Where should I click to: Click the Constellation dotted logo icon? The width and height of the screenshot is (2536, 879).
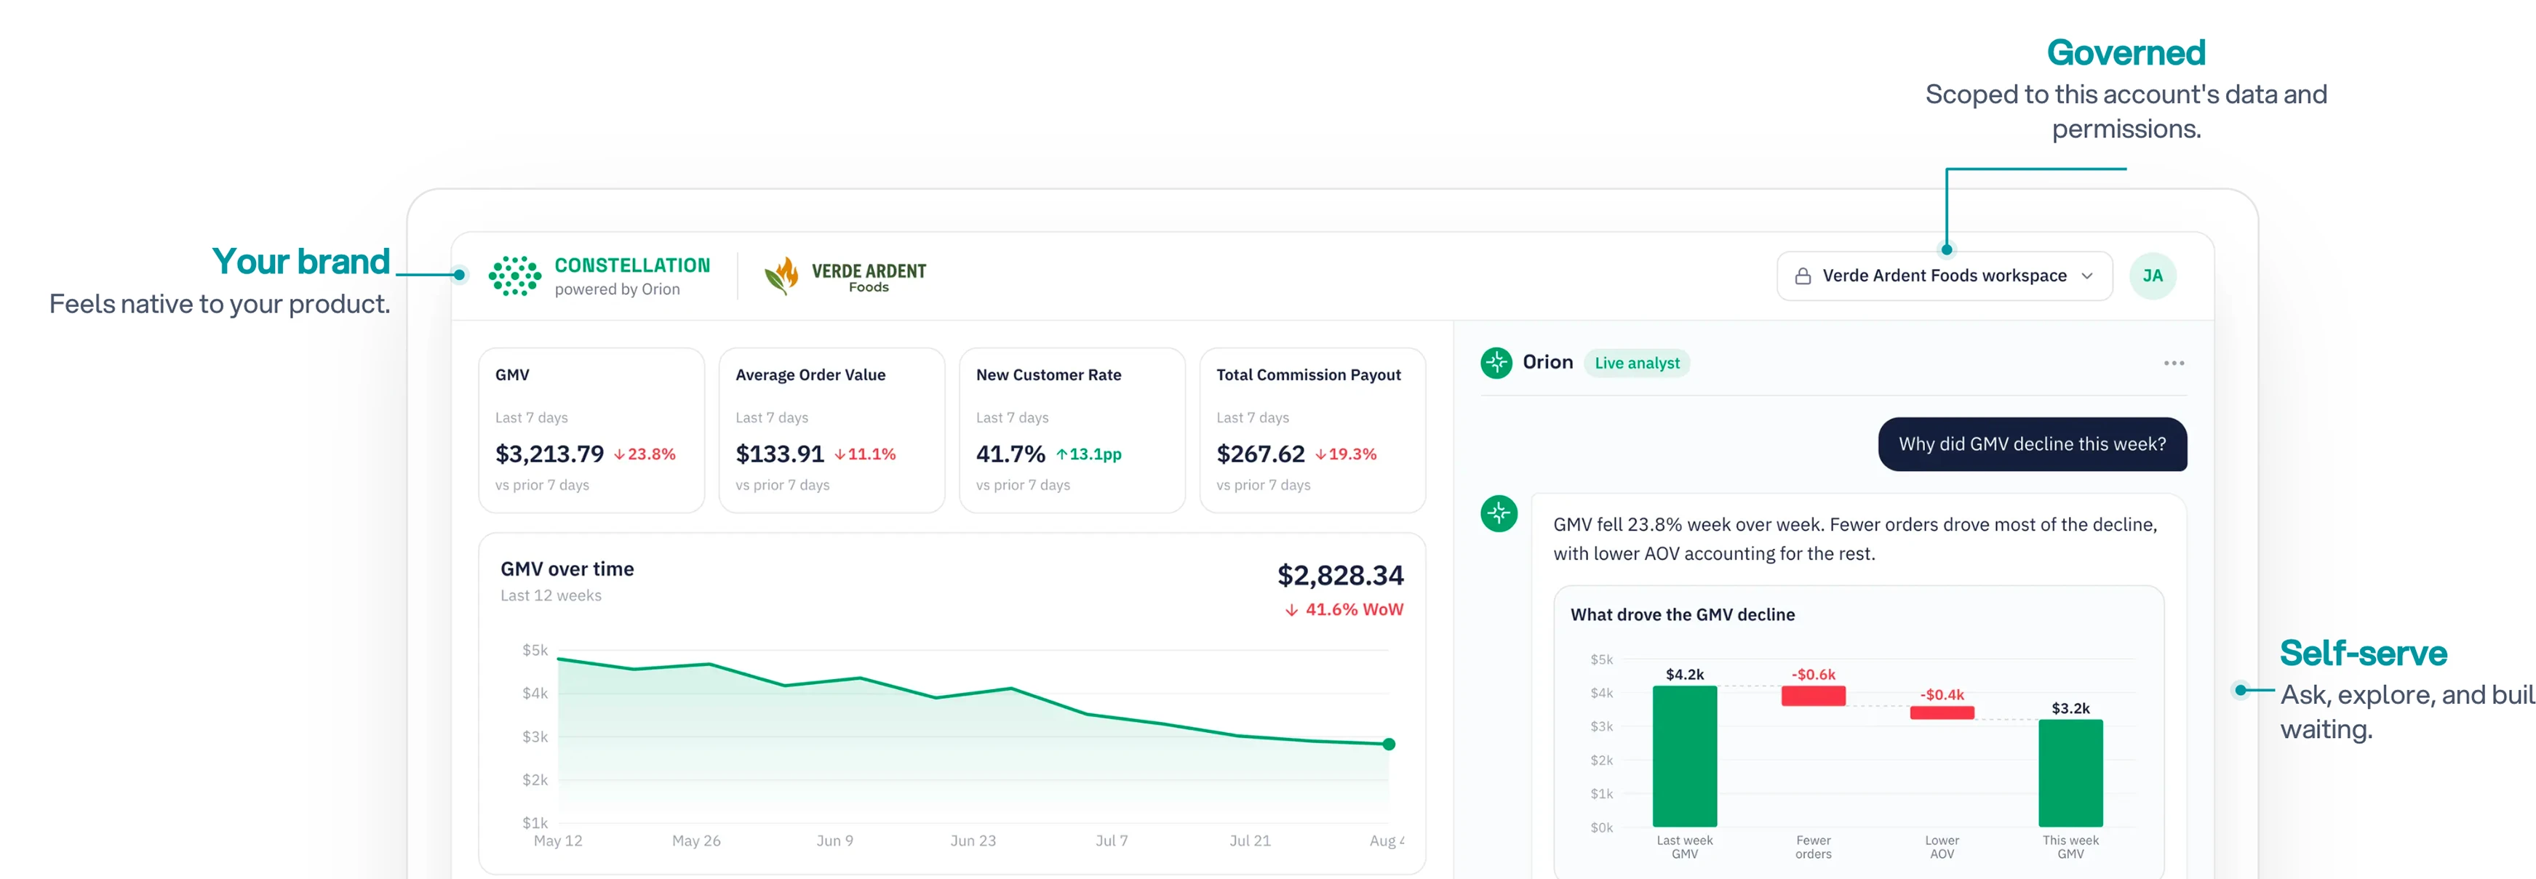(x=515, y=276)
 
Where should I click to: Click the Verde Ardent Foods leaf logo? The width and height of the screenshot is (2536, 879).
(x=781, y=276)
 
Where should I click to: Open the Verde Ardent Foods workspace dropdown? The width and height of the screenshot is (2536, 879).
(x=1945, y=276)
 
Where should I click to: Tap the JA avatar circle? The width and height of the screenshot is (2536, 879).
(x=2153, y=276)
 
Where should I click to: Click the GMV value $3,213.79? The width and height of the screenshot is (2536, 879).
(x=549, y=454)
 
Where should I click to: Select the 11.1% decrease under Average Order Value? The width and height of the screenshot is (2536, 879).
(x=866, y=454)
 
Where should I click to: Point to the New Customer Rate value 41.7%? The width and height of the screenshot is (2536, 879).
(x=1010, y=454)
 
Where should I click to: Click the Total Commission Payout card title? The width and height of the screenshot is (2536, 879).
(x=1308, y=375)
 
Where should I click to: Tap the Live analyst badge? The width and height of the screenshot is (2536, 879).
(x=1637, y=364)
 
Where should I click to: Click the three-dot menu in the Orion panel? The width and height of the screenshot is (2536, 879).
(x=2174, y=364)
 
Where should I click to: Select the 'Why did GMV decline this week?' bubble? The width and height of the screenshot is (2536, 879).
(x=2032, y=444)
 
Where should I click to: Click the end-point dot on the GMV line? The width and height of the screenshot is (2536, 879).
(x=1389, y=744)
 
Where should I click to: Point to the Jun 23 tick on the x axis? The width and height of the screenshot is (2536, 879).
(x=973, y=840)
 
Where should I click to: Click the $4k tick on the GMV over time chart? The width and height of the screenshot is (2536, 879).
(x=535, y=693)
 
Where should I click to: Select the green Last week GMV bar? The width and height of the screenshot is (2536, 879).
(x=1684, y=756)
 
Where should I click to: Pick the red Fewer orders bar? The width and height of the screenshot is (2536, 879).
(x=1814, y=696)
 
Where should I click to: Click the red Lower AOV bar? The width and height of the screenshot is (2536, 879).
(x=1942, y=713)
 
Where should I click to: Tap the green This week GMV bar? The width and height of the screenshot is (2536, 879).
(x=2070, y=773)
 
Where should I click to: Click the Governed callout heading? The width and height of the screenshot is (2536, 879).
(x=2126, y=52)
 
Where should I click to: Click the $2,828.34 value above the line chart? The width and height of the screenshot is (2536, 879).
(x=1340, y=575)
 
